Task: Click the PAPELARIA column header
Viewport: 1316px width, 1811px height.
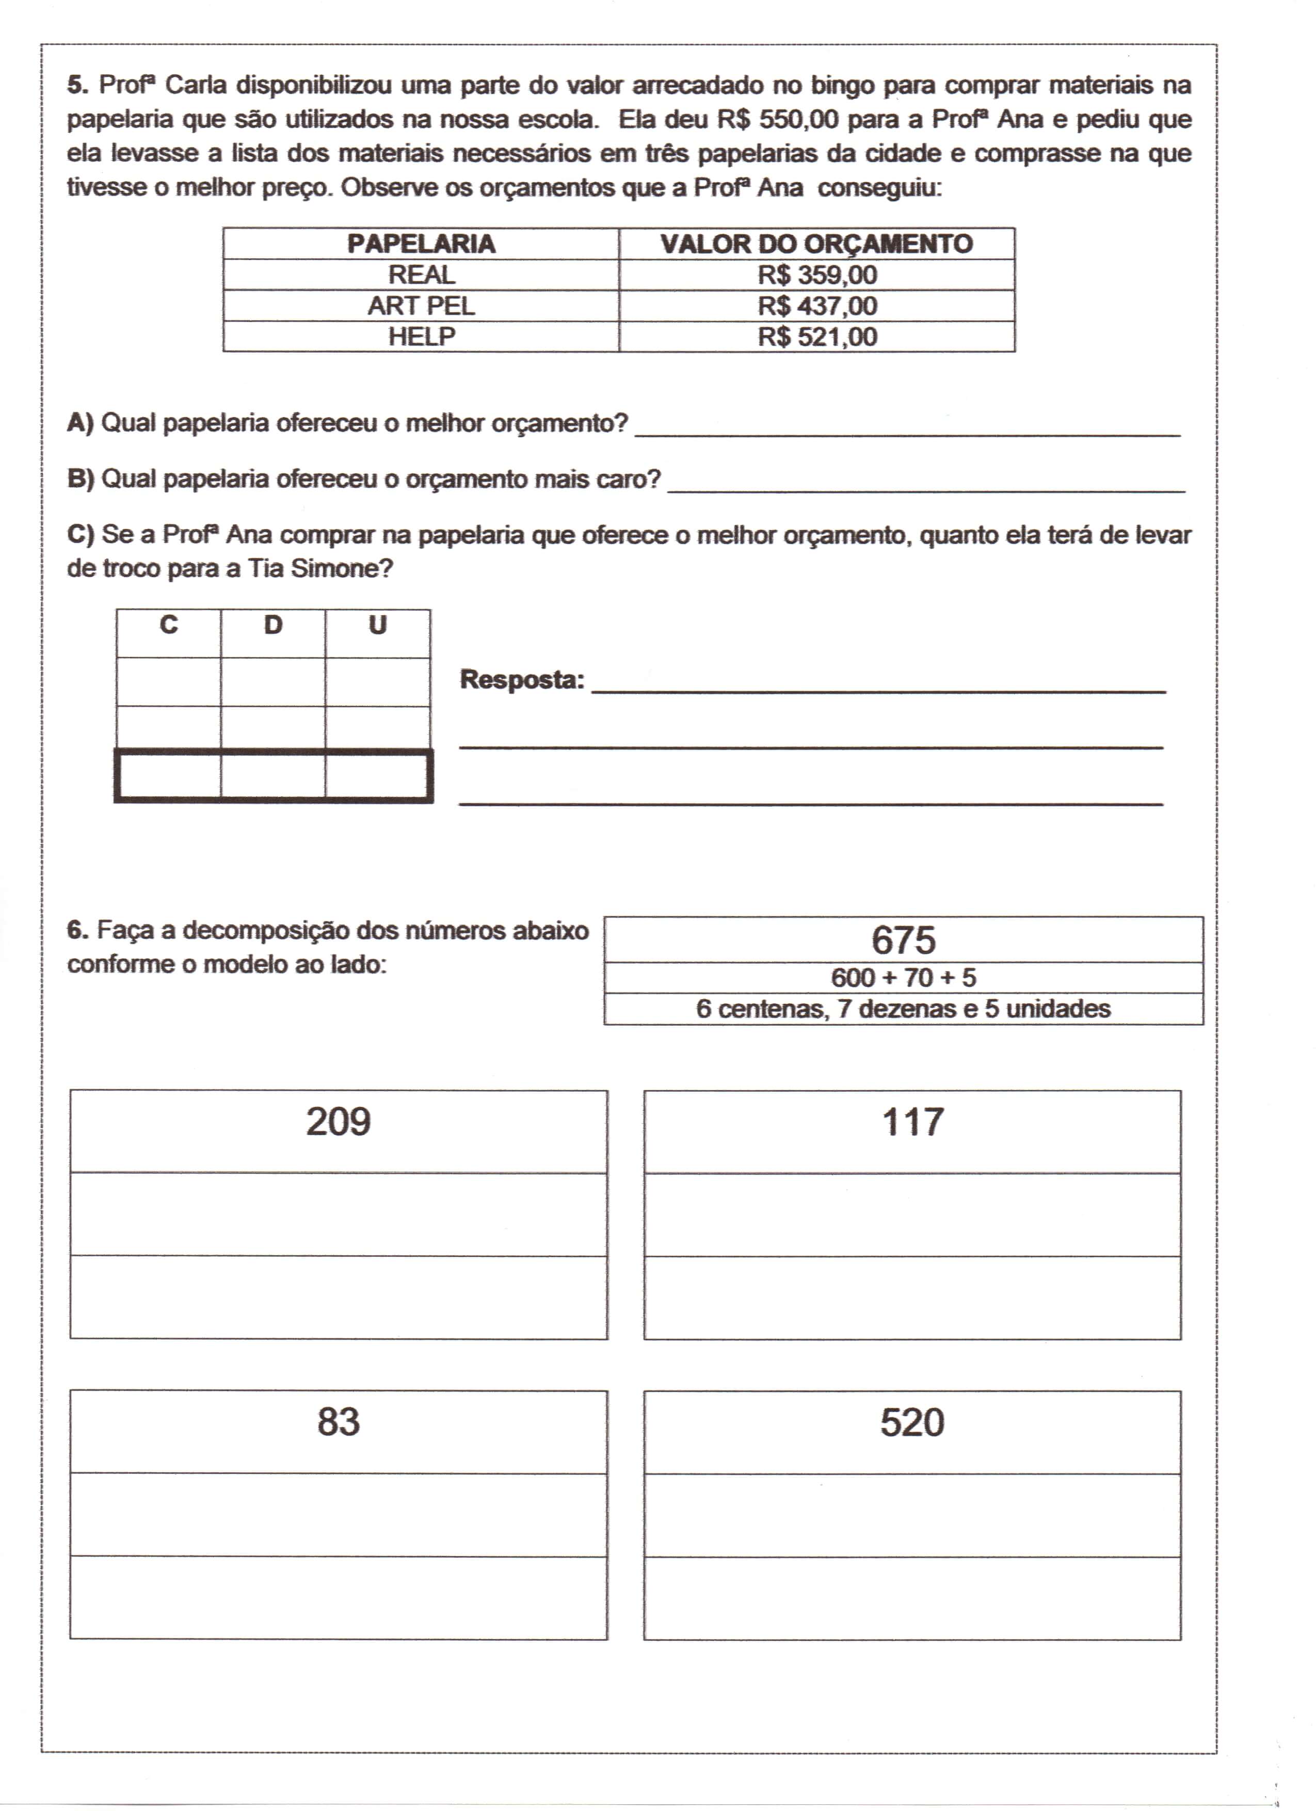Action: pos(421,244)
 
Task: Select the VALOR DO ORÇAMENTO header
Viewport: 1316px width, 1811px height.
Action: pos(816,244)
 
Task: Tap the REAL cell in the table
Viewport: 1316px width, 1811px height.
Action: pos(421,275)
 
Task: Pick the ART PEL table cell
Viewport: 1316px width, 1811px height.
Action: pos(421,306)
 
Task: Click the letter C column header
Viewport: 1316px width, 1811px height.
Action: pos(168,624)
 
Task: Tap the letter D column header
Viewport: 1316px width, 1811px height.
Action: pos(273,624)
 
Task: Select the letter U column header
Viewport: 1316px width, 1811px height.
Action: pos(378,624)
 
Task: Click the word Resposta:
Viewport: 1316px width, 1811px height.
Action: pos(522,680)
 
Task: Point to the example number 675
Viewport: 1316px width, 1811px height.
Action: pos(903,940)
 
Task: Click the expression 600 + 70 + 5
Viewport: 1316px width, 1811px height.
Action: pos(903,977)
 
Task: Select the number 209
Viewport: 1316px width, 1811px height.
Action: pos(339,1122)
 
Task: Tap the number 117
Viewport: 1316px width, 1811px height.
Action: pos(913,1122)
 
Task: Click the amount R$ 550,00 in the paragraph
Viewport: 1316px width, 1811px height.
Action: pos(778,120)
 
